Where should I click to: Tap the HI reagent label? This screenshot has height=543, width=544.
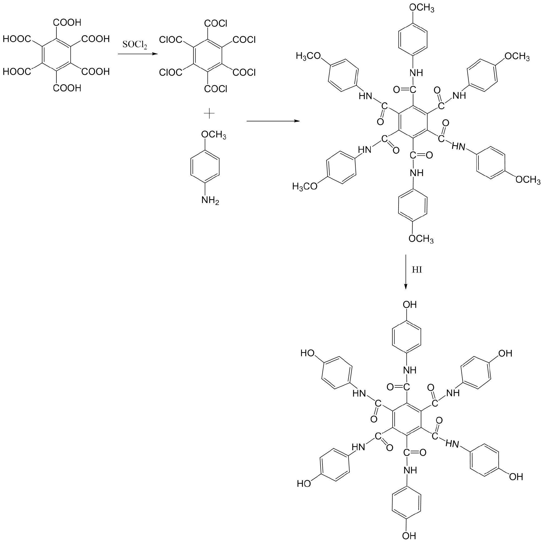coord(417,270)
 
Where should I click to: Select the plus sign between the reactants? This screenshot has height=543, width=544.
coord(209,114)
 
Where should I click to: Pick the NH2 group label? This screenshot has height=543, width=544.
coord(210,201)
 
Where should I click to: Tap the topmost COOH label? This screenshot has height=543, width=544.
coord(67,22)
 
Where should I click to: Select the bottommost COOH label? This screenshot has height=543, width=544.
coord(67,88)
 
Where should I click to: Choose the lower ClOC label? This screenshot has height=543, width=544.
coord(170,73)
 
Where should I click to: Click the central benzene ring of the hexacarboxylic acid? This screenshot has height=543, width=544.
coord(56,56)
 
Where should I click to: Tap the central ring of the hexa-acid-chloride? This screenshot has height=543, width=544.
coord(208,56)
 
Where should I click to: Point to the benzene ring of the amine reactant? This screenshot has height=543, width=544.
coord(205,168)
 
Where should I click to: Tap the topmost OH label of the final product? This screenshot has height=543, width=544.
coord(409,304)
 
